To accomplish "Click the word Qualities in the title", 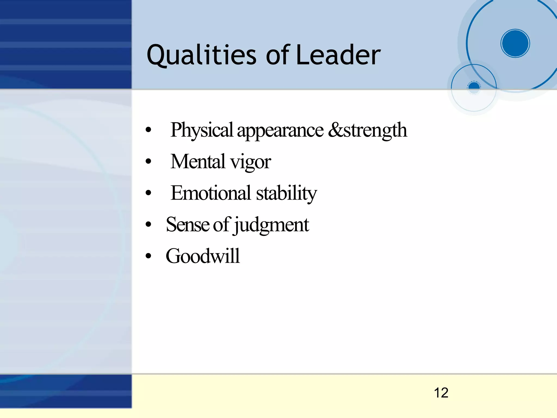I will click(201, 56).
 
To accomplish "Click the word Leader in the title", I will click(338, 56).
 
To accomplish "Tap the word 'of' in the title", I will click(277, 56).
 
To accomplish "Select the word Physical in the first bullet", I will click(202, 130).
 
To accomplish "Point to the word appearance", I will click(280, 131).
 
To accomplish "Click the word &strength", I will click(367, 130).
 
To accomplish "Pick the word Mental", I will click(198, 161).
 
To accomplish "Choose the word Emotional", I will click(211, 193).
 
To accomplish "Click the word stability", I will click(286, 194).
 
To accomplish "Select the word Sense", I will click(188, 225).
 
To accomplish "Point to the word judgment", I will click(272, 225).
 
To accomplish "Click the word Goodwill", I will click(203, 256).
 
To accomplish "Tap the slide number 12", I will click(441, 393).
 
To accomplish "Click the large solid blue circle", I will click(515, 43).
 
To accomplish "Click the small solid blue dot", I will click(474, 87).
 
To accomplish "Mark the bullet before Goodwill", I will click(148, 256).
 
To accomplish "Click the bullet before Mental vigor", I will click(148, 162).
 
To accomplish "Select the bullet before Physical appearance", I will click(148, 130).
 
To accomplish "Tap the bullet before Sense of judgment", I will click(148, 225).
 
